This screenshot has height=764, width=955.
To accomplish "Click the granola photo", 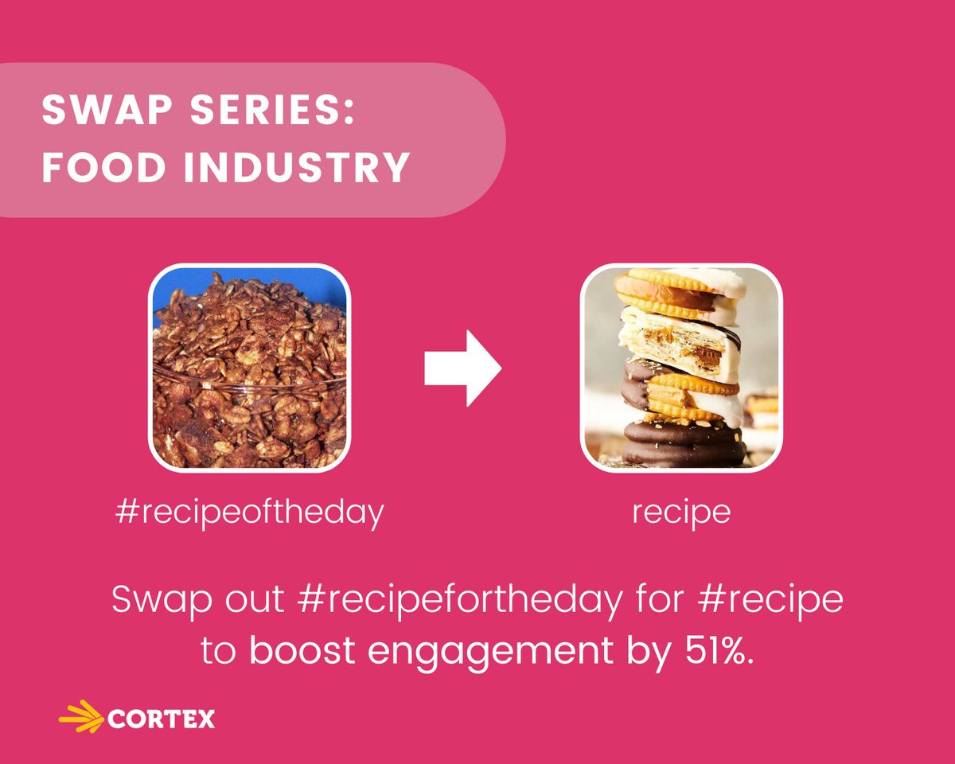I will (249, 368).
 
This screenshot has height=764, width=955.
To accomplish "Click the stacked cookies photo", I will (680, 368).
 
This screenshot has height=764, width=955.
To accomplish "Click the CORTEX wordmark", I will (160, 719).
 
